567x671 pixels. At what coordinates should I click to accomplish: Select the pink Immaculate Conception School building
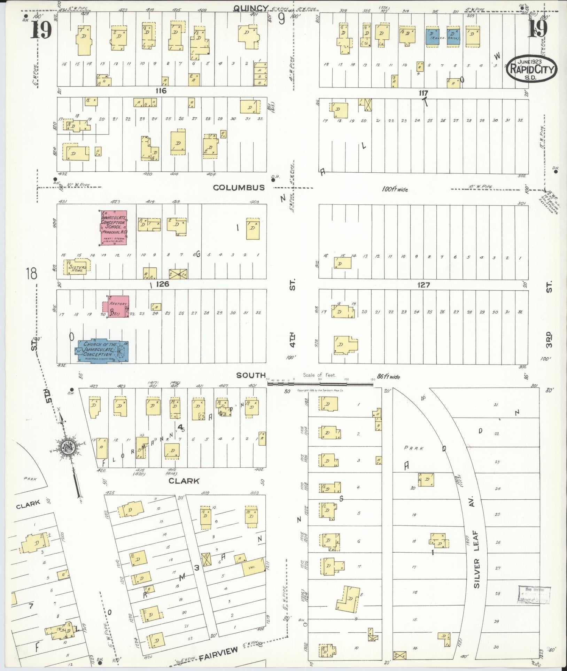pos(114,227)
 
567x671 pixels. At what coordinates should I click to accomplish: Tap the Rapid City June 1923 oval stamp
pos(531,69)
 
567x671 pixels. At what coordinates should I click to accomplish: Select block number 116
pos(161,91)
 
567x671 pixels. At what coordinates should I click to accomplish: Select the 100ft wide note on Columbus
pos(395,190)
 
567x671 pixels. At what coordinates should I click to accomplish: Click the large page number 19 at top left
pos(41,30)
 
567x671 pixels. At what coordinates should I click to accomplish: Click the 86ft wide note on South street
pos(388,377)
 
